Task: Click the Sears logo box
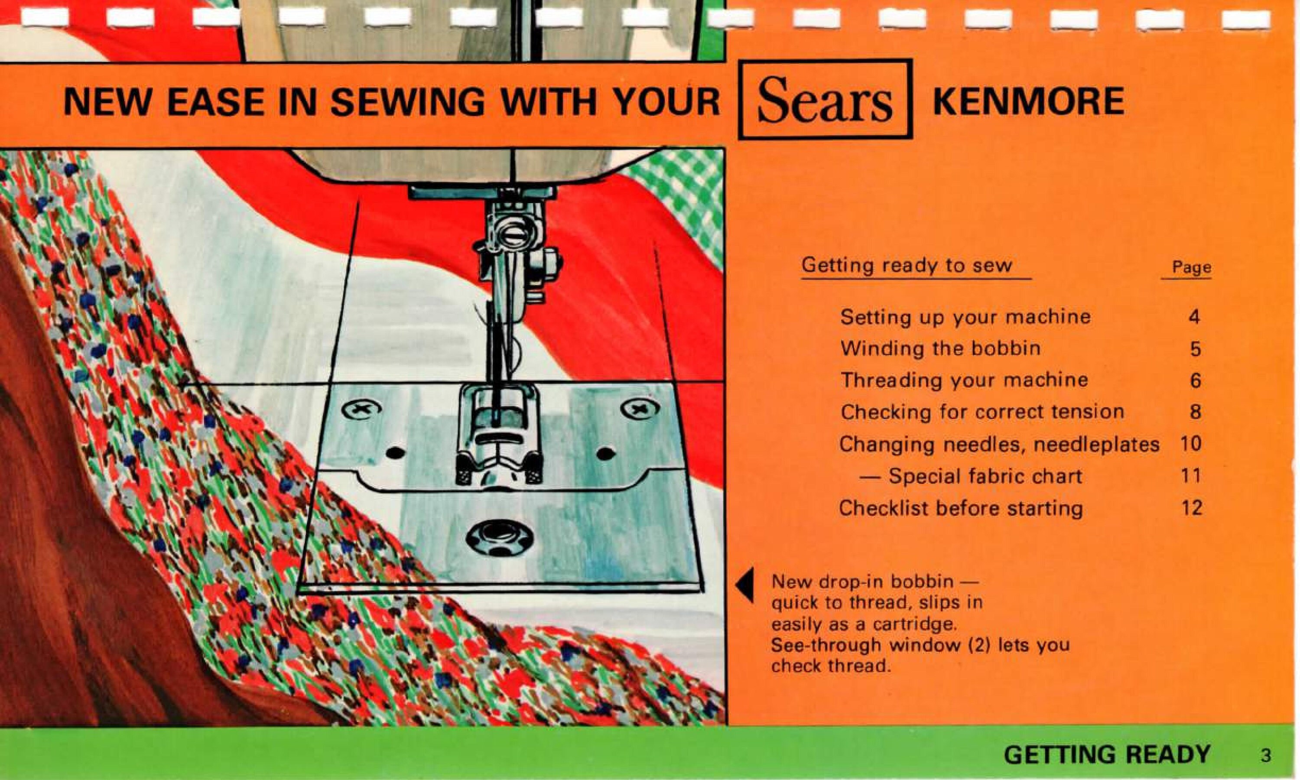pyautogui.click(x=825, y=99)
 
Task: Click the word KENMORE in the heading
pyautogui.click(x=1028, y=101)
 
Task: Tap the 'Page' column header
pyautogui.click(x=1191, y=267)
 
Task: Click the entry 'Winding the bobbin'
pyautogui.click(x=940, y=348)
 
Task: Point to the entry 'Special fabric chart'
pyautogui.click(x=985, y=476)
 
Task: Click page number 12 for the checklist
pyautogui.click(x=1191, y=508)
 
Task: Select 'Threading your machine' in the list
pyautogui.click(x=964, y=380)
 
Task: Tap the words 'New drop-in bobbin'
pyautogui.click(x=862, y=582)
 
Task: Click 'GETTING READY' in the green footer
pyautogui.click(x=1107, y=755)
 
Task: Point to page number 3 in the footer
pyautogui.click(x=1266, y=756)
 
